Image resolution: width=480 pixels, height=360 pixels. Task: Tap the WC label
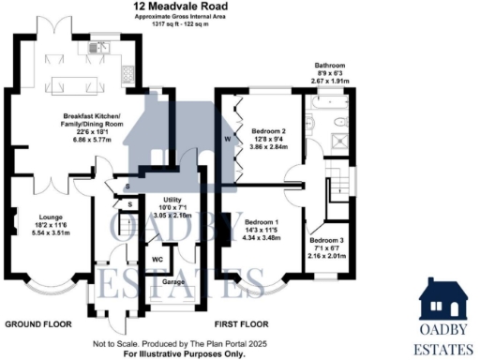[157, 259]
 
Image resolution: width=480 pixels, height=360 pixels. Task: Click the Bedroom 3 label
[328, 241]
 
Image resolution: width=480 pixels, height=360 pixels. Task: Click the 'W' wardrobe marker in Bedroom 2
[227, 141]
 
